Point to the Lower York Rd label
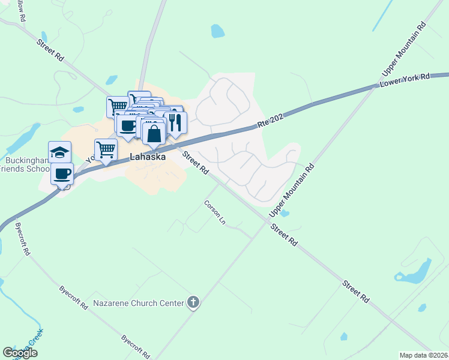click(406, 80)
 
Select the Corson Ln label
click(214, 212)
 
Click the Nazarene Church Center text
click(138, 303)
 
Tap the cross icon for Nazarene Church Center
click(193, 302)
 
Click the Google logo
click(20, 353)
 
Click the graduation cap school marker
click(60, 152)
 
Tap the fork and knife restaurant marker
click(175, 122)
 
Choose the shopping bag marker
click(154, 133)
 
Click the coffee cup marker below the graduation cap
click(62, 174)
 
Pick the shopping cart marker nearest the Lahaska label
click(106, 149)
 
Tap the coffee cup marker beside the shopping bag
click(127, 125)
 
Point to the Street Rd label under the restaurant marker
click(195, 163)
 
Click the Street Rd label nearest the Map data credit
click(356, 291)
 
